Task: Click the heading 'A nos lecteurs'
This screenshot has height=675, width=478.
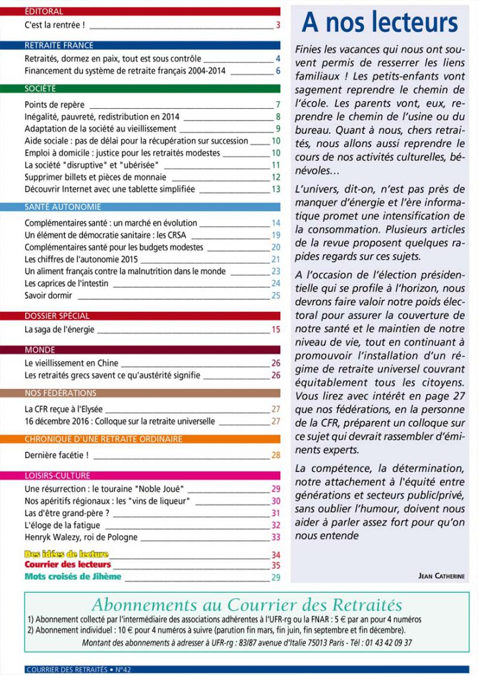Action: point(380,22)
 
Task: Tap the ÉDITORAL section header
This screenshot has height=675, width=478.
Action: point(44,11)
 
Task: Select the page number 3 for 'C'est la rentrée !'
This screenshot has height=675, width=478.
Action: point(278,26)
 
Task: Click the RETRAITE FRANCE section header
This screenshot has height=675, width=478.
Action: point(59,45)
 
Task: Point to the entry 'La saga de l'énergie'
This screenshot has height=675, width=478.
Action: point(59,329)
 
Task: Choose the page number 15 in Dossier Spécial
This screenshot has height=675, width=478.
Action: point(276,329)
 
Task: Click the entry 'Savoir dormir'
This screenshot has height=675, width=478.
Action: point(48,295)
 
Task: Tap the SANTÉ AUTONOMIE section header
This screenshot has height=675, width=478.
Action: point(63,207)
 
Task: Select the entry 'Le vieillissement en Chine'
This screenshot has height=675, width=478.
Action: point(72,363)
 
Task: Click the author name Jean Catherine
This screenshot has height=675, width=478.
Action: point(441,575)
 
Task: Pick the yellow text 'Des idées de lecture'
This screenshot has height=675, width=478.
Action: point(66,554)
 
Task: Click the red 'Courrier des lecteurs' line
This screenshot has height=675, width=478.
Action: point(68,565)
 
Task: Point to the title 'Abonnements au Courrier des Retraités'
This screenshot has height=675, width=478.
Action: point(247,604)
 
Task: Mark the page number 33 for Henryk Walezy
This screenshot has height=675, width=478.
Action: point(276,537)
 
